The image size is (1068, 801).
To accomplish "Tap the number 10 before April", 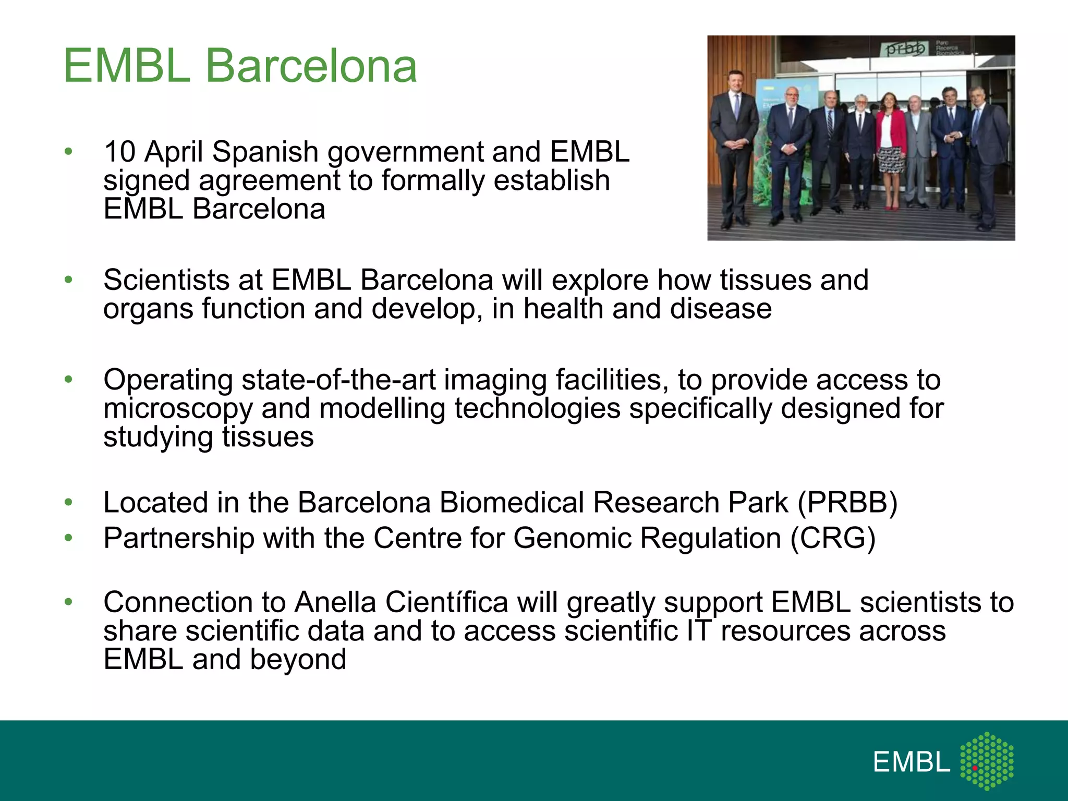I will tap(119, 152).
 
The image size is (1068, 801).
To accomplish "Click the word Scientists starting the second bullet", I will tap(166, 280).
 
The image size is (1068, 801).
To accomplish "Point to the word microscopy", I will tap(178, 408).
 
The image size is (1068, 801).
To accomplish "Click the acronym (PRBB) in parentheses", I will tap(847, 503).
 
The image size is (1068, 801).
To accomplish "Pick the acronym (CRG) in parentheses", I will tap(833, 538).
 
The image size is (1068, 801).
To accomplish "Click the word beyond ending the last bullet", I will tap(298, 660).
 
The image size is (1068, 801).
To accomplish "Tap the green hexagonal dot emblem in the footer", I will tap(987, 761).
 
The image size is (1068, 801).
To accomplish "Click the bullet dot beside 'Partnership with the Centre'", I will tap(68, 538).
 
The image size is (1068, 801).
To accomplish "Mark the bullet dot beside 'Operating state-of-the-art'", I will tap(68, 380).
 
